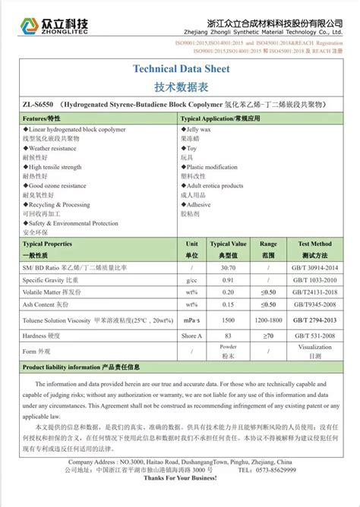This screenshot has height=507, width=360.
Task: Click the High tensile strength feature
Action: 54,167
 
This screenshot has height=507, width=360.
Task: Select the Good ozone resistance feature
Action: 56,186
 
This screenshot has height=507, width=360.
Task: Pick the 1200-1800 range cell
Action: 268,320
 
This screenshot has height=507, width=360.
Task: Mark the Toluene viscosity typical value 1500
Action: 229,320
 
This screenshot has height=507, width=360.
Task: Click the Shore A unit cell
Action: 192,335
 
